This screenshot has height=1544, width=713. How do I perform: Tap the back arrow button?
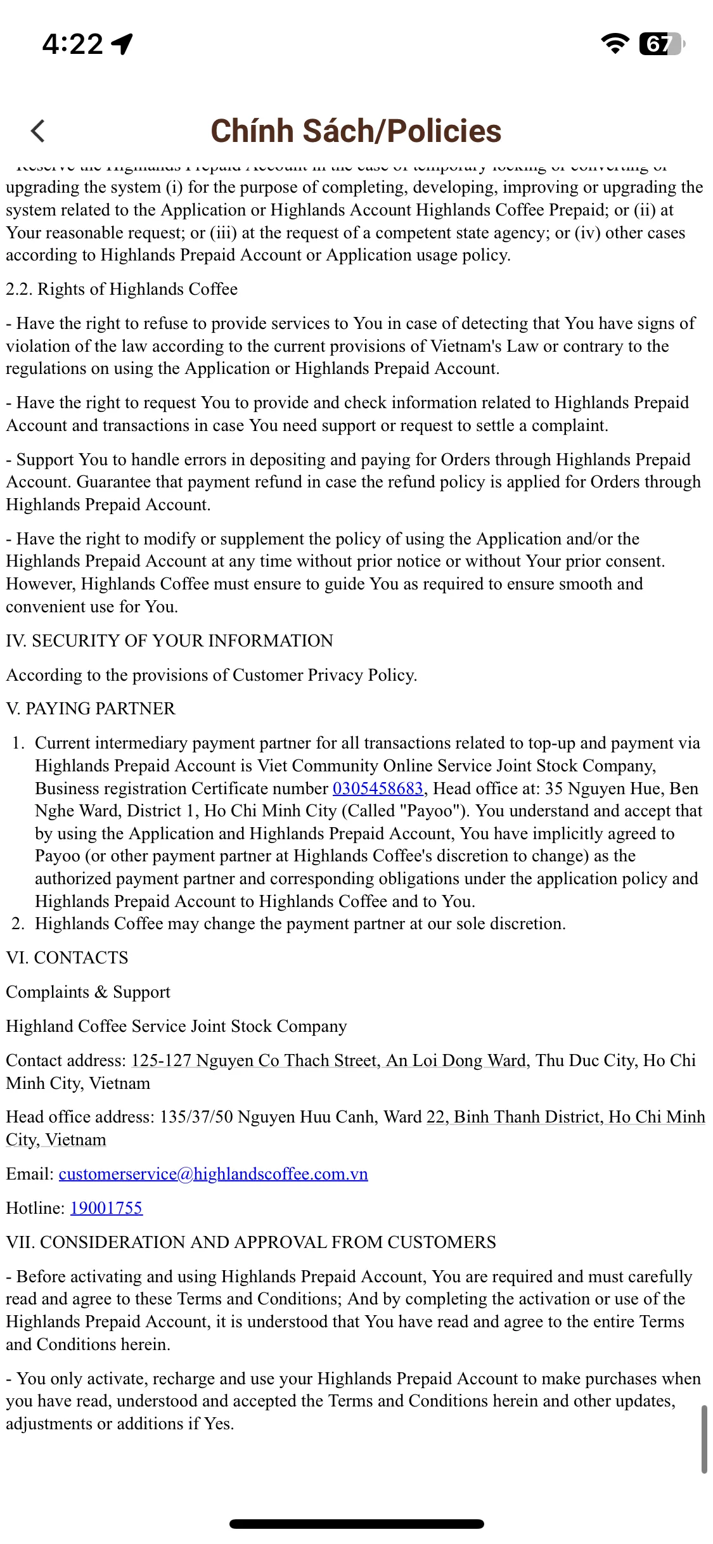38,131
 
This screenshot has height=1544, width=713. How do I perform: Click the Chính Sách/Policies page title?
356,131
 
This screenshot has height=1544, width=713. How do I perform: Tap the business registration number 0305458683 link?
378,788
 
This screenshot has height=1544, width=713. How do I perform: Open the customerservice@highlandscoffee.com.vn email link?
213,1174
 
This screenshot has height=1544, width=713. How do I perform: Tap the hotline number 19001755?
106,1208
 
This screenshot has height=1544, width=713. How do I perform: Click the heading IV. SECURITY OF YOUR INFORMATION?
169,641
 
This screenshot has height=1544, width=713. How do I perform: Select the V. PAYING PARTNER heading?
91,709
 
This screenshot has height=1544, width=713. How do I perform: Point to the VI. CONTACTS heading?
67,958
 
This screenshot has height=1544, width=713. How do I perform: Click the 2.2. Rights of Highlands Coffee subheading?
122,289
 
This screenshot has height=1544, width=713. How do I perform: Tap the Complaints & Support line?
88,992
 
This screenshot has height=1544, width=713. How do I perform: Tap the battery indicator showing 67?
660,44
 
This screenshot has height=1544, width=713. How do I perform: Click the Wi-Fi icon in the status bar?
613,43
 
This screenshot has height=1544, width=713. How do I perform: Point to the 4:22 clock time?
72,44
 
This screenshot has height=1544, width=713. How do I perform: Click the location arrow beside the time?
122,43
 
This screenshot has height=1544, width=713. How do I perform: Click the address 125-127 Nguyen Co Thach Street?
255,1060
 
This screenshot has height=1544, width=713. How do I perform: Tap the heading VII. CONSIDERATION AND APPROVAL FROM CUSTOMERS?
251,1242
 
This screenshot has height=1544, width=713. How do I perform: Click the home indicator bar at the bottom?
356,1524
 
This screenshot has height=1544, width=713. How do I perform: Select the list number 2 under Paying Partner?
18,923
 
